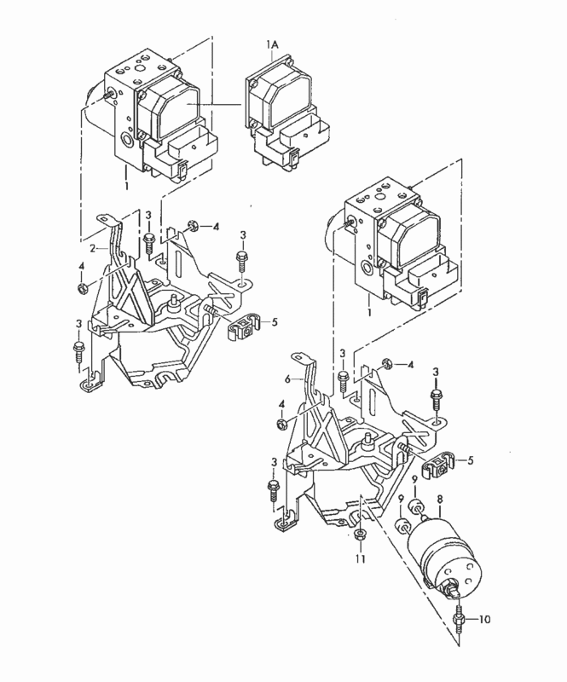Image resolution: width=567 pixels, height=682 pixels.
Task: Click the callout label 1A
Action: point(272,44)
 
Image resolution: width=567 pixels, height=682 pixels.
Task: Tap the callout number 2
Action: point(93,248)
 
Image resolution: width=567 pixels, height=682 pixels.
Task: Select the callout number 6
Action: point(287,379)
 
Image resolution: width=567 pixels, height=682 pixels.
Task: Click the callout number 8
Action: point(439,500)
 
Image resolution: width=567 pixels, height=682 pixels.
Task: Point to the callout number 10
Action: point(484,619)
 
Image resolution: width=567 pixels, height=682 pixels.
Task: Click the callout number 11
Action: point(361,558)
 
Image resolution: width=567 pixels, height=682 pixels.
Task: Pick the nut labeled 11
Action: point(360,535)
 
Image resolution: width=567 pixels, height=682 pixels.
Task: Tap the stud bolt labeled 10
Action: point(458,617)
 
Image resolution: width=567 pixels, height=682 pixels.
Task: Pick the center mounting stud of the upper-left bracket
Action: point(173,302)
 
